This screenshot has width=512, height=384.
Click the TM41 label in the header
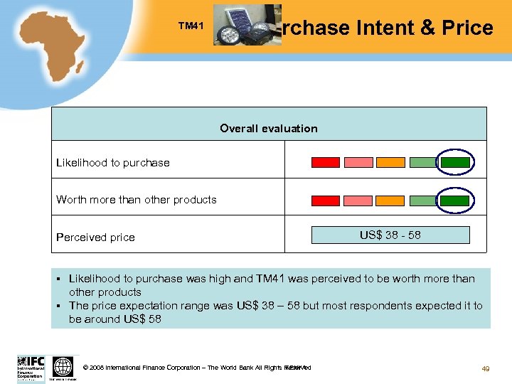pyautogui.click(x=191, y=27)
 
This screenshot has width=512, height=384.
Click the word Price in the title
pyautogui.click(x=466, y=28)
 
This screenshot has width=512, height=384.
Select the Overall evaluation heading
pyautogui.click(x=269, y=129)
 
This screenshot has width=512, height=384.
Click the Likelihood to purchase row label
pyautogui.click(x=113, y=163)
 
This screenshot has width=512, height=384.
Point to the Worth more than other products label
pyautogui.click(x=137, y=200)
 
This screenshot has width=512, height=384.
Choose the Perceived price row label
pyautogui.click(x=95, y=238)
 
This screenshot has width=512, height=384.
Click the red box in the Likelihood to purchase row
pyautogui.click(x=326, y=162)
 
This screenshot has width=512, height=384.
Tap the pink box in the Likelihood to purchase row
pyautogui.click(x=358, y=162)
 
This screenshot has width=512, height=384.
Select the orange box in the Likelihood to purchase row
pyautogui.click(x=390, y=162)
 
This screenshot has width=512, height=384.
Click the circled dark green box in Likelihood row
pyautogui.click(x=455, y=162)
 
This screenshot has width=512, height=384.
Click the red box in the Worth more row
pyautogui.click(x=326, y=201)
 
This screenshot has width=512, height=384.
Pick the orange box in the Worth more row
pyautogui.click(x=390, y=201)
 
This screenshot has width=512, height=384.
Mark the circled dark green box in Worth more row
pyautogui.click(x=455, y=201)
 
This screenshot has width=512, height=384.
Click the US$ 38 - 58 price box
pyautogui.click(x=390, y=235)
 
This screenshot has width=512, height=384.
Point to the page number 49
pyautogui.click(x=486, y=368)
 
